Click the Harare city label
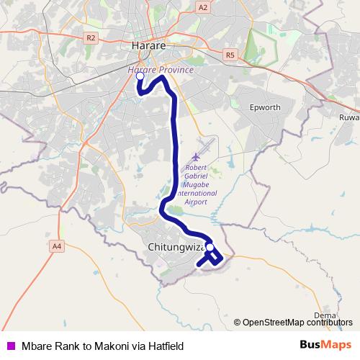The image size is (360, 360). [x=150, y=45]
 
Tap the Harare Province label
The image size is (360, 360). [x=161, y=70]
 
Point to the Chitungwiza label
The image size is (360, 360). [x=175, y=247]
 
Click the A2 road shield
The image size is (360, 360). [x=202, y=7]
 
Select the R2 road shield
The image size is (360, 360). [x=90, y=37]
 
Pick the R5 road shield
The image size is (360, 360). [x=230, y=53]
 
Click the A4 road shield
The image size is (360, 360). [x=57, y=246]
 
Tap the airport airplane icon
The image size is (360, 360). [x=197, y=157]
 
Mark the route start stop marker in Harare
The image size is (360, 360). [x=140, y=76]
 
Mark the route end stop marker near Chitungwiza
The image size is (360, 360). [x=210, y=248]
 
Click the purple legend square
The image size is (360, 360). [x=9, y=346]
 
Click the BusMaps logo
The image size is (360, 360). [x=325, y=346]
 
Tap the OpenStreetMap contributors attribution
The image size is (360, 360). [x=297, y=322]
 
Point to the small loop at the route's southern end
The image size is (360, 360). [x=215, y=259]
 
